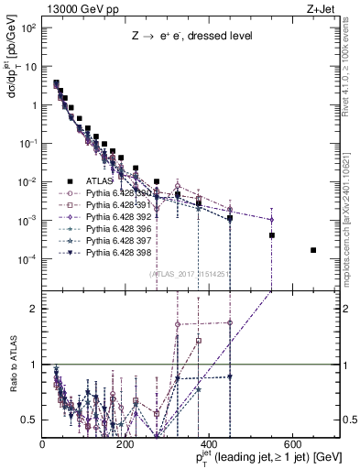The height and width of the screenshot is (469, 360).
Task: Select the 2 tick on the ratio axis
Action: pyautogui.click(x=35, y=308)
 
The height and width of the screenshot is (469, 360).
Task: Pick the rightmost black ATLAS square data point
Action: pyautogui.click(x=313, y=250)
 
